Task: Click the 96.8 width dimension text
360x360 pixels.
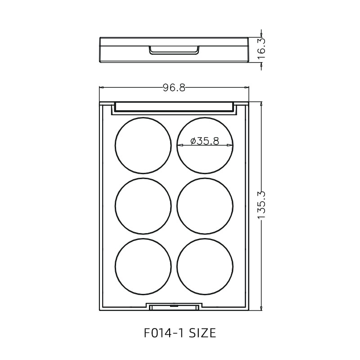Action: click(174, 88)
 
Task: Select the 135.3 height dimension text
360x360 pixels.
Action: click(262, 205)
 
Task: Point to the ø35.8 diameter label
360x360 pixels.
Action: click(205, 141)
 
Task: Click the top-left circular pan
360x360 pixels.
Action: click(143, 145)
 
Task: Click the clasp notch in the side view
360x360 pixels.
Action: click(174, 49)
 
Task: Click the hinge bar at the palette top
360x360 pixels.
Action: click(174, 107)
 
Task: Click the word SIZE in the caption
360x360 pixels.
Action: click(202, 333)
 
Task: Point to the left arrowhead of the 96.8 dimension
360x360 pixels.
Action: click(102, 88)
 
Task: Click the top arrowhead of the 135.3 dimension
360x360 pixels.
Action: click(262, 104)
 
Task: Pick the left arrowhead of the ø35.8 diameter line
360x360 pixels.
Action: click(180, 145)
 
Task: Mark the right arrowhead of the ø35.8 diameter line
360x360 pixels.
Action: click(231, 145)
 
